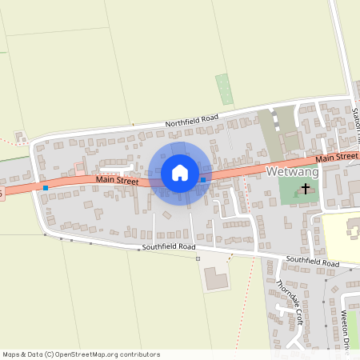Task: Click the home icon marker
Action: (179, 173)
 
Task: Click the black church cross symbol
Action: (305, 190)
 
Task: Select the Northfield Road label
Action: (191, 120)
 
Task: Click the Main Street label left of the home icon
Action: (117, 181)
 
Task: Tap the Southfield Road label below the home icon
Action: (169, 247)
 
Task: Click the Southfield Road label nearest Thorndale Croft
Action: (315, 262)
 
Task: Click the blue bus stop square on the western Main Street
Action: (46, 188)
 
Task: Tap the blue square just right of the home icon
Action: (204, 180)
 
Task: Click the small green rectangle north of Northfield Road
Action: (225, 89)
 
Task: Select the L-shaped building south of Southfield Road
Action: (214, 278)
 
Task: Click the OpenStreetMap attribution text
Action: (81, 354)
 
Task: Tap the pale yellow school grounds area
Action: (340, 236)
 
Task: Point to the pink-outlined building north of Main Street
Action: (79, 167)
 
